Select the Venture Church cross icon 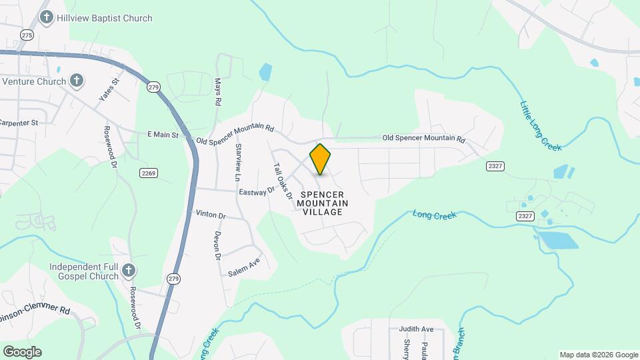coord(77,81)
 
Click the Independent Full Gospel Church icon coord(129,271)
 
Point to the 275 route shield coord(27,35)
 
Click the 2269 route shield coord(148,173)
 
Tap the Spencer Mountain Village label coord(323,203)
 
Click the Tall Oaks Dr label coord(283,181)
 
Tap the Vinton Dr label coord(211,215)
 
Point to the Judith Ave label coord(416,329)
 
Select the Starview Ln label coord(237,161)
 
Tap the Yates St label coord(109,89)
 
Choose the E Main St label coord(163,135)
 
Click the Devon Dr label coord(217,245)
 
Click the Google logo coord(22,352)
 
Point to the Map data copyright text coord(598,355)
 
